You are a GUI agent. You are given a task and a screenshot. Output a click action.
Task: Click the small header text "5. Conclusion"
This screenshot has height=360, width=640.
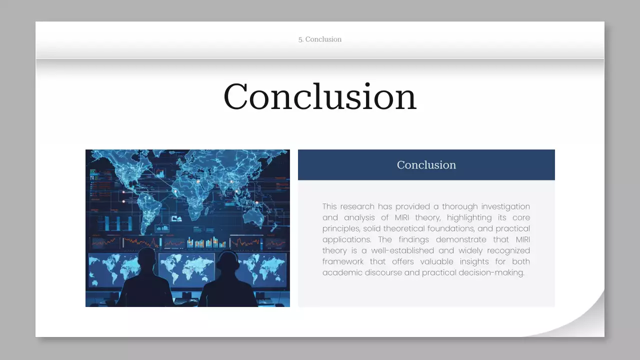click(x=320, y=39)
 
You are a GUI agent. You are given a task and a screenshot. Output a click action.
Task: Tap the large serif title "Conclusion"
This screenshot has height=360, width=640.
click(x=320, y=96)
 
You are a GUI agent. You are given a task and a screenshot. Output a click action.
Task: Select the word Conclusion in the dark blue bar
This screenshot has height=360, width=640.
click(x=426, y=165)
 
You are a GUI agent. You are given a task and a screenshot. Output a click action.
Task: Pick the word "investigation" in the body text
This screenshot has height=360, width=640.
click(x=506, y=206)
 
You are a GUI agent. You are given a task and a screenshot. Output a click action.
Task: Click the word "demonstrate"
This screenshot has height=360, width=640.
click(x=461, y=239)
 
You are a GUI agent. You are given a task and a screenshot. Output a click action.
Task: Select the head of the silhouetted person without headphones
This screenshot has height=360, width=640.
click(x=146, y=257)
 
